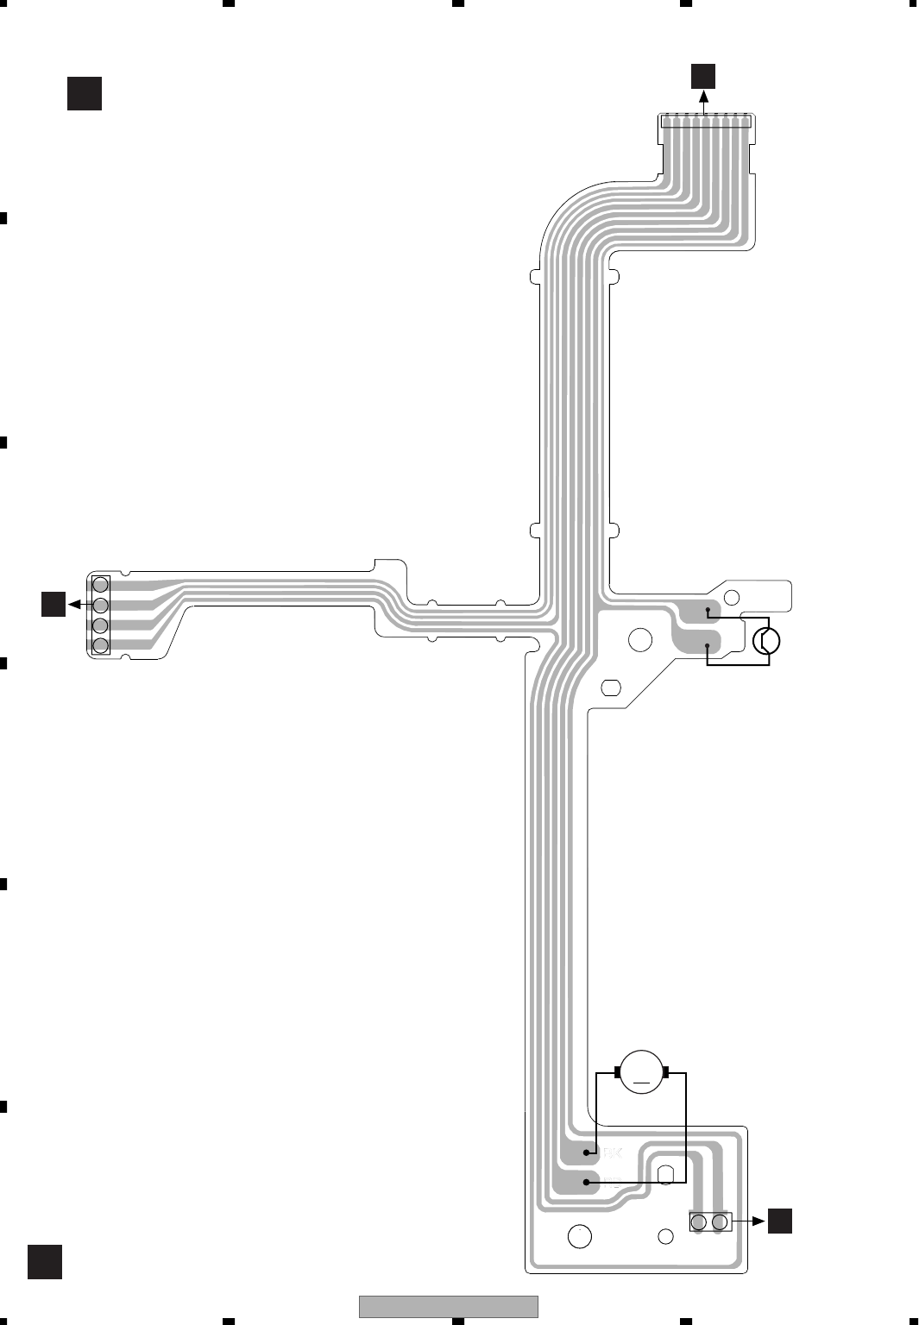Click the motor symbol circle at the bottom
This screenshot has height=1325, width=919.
(x=640, y=1071)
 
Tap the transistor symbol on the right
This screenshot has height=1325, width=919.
(x=766, y=641)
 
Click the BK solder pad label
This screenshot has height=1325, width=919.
(x=611, y=1152)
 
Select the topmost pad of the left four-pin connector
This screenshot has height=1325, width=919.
(x=100, y=585)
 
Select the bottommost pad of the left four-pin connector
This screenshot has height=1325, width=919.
(x=100, y=644)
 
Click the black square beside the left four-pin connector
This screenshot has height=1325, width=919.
(x=54, y=604)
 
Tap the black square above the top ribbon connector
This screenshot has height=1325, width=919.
(x=702, y=76)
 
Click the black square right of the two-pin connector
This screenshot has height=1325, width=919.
(x=780, y=1221)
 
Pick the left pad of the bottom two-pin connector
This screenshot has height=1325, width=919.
(x=699, y=1221)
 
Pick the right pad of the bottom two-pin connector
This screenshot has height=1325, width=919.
(x=719, y=1221)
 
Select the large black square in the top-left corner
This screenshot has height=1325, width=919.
(x=85, y=93)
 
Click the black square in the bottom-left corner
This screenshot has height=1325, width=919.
(x=45, y=1261)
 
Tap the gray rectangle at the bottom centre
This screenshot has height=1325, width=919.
(x=448, y=1306)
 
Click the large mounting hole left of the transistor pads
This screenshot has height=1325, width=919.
(x=640, y=639)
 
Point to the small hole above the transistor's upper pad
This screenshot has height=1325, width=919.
(x=732, y=596)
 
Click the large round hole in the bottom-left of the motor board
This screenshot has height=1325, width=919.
(x=580, y=1236)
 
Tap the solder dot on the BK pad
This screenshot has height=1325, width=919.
(x=587, y=1152)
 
